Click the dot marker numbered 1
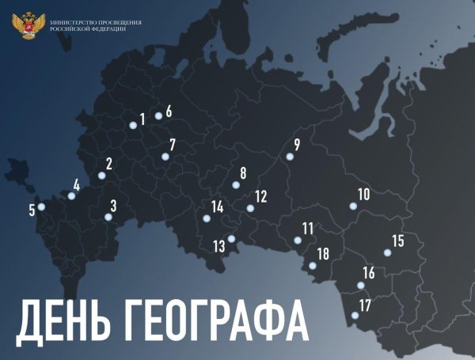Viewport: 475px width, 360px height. (x=133, y=124)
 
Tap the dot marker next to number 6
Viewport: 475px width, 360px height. (x=158, y=116)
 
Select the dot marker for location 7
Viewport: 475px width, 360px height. (x=165, y=157)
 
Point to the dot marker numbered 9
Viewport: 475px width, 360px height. (x=289, y=157)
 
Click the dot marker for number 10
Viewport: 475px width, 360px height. (x=353, y=207)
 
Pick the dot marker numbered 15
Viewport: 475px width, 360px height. (x=387, y=253)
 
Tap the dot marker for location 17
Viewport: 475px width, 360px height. (x=354, y=316)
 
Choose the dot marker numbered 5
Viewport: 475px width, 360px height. (x=41, y=207)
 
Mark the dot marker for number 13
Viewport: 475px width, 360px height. (x=231, y=239)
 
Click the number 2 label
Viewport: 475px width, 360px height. (x=109, y=164)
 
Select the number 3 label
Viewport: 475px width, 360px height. (x=113, y=206)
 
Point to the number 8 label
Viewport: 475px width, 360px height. (x=243, y=172)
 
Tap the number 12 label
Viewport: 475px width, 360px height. (x=260, y=195)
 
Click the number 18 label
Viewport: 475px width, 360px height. (x=322, y=253)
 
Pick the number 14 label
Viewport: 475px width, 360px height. (x=217, y=207)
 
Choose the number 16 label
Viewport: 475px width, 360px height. (x=368, y=273)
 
